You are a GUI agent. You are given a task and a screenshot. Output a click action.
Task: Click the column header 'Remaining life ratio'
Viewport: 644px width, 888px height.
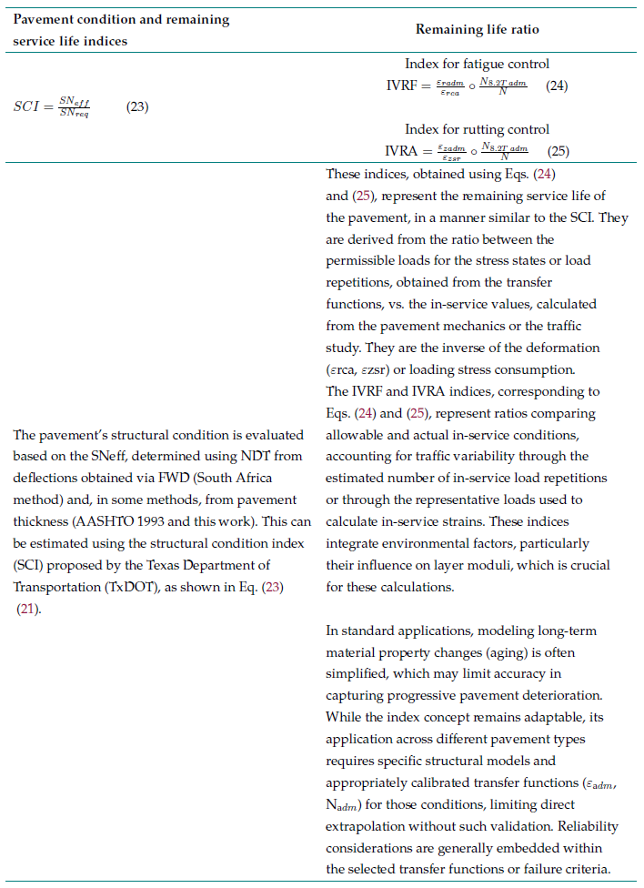pos(477,29)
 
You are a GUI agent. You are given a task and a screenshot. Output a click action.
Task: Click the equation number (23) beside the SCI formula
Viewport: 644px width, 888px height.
pos(137,107)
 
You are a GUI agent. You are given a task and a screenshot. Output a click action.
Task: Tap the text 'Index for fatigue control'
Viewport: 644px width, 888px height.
pos(477,64)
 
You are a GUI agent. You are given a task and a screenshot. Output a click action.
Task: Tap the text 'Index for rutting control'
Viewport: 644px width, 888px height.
pos(477,129)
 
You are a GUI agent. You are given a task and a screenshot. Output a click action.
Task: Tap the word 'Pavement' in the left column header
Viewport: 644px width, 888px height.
pos(42,19)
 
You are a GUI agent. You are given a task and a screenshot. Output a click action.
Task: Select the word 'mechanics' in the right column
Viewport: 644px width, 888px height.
pos(534,326)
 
